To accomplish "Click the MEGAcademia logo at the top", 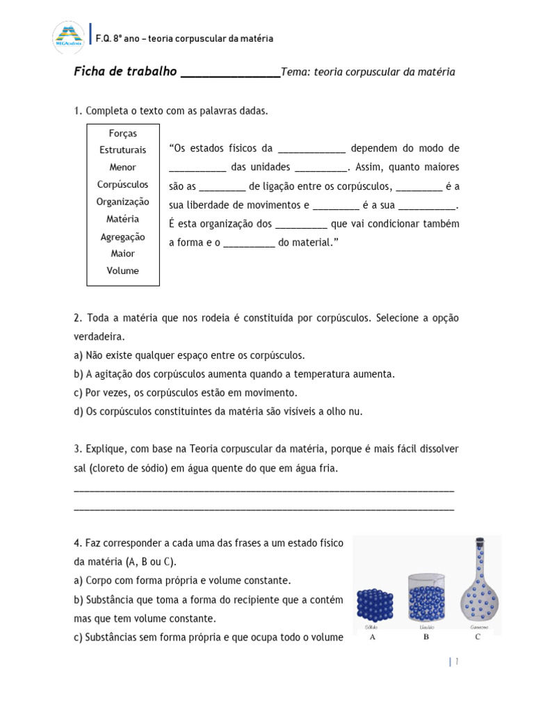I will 67,38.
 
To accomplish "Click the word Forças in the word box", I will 123,133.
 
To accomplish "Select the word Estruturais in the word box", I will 123,150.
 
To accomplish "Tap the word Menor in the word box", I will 123,168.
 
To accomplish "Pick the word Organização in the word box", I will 123,202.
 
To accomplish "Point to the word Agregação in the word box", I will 123,236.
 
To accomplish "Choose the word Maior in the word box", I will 123,254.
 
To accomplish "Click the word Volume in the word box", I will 123,271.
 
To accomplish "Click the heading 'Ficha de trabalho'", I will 125,72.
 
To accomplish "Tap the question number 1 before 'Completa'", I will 78,111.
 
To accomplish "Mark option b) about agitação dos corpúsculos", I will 234,374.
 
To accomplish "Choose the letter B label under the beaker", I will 426,636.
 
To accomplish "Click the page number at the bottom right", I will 457,661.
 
